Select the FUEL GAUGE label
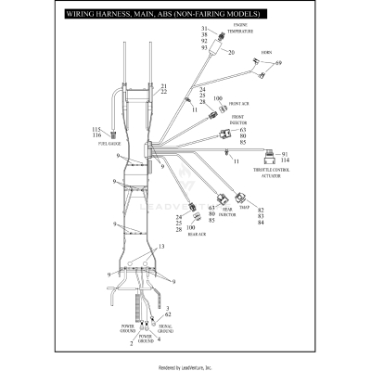click(109, 144)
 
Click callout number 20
click(231, 53)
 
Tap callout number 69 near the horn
click(277, 63)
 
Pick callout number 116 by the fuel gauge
click(96, 136)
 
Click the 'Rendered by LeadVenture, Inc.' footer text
click(185, 366)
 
